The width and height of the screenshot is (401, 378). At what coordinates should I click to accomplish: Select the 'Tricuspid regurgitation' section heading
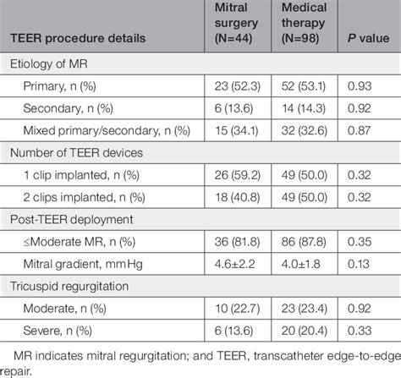coord(79,285)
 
